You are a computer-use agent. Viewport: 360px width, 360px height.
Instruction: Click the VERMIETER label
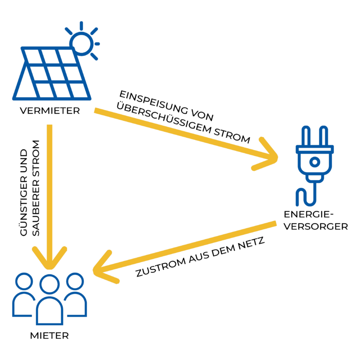[50, 111]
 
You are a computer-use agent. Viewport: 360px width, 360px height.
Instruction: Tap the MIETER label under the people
[49, 336]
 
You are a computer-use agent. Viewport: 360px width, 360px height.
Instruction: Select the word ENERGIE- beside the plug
[308, 214]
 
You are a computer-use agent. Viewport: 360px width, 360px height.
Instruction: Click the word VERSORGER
[316, 226]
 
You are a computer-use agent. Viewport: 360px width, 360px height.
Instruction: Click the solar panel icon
[52, 74]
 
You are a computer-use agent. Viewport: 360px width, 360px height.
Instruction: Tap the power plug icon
[315, 165]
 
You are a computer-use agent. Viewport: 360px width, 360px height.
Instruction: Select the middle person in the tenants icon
[50, 300]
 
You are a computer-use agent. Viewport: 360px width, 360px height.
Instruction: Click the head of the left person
[24, 281]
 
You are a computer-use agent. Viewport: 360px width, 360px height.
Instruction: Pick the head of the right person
[75, 281]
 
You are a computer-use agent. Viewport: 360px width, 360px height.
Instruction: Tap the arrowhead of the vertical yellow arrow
[50, 258]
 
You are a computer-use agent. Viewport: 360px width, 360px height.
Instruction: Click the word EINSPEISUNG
[154, 102]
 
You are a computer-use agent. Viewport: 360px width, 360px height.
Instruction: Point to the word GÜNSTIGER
[24, 192]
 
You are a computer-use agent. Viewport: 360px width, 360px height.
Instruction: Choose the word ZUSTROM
[160, 267]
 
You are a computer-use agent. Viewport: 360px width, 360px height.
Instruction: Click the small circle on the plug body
[315, 162]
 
